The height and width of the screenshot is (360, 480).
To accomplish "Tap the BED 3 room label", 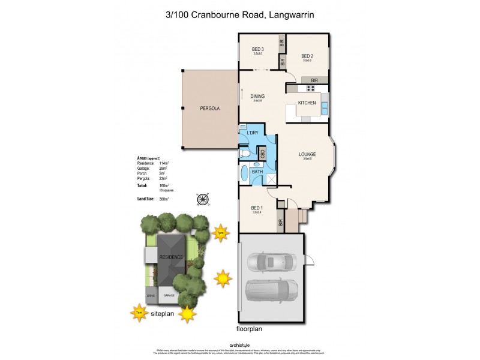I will click(257, 49).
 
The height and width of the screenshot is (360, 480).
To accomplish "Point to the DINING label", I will click(257, 96).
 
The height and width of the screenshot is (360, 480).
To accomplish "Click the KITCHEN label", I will click(307, 104).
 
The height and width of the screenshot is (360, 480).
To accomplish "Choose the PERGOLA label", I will click(209, 109).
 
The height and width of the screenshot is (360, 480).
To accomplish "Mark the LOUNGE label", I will click(308, 154).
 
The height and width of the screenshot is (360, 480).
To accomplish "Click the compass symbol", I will click(203, 199).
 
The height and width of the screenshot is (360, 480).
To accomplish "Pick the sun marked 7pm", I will click(221, 233).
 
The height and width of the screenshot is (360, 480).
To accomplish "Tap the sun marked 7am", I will click(139, 312).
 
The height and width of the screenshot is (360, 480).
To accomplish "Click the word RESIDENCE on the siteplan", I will click(171, 257).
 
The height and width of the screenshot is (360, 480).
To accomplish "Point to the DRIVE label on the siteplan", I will click(150, 296).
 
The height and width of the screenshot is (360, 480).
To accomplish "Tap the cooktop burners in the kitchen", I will click(311, 88).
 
